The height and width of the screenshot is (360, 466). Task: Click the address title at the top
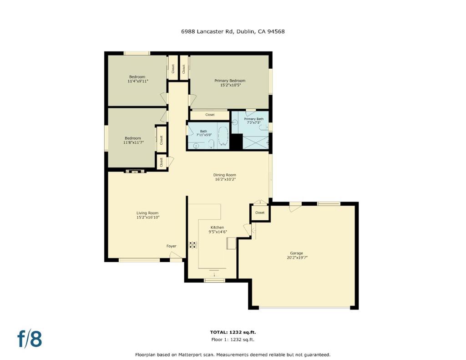pyautogui.click(x=233, y=31)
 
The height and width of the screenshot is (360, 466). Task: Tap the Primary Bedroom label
pyautogui.click(x=230, y=81)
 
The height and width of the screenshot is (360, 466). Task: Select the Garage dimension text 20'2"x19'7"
pyautogui.click(x=296, y=258)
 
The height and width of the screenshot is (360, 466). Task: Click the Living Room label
pyautogui.click(x=147, y=213)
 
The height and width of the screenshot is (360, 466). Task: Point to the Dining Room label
pyautogui.click(x=225, y=175)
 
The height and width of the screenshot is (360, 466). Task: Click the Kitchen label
pyautogui.click(x=217, y=227)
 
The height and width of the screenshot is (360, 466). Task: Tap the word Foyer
pyautogui.click(x=171, y=246)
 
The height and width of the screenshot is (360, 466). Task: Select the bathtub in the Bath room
pyautogui.click(x=223, y=136)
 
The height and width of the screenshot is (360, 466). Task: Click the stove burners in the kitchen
pyautogui.click(x=193, y=245)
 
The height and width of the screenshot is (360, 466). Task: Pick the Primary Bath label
pyautogui.click(x=254, y=119)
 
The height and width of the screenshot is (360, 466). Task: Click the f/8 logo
pyautogui.click(x=30, y=339)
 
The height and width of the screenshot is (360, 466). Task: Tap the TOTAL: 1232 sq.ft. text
pyautogui.click(x=233, y=332)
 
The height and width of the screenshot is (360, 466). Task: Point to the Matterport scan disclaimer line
pyautogui.click(x=233, y=355)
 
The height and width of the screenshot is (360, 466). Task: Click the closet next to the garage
pyautogui.click(x=260, y=213)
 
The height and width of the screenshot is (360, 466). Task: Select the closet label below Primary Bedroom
pyautogui.click(x=210, y=115)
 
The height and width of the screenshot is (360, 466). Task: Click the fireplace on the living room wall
pyautogui.click(x=135, y=171)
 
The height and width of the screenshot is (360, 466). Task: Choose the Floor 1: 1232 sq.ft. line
pyautogui.click(x=233, y=340)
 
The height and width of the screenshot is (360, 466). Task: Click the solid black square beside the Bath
pyautogui.click(x=236, y=142)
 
